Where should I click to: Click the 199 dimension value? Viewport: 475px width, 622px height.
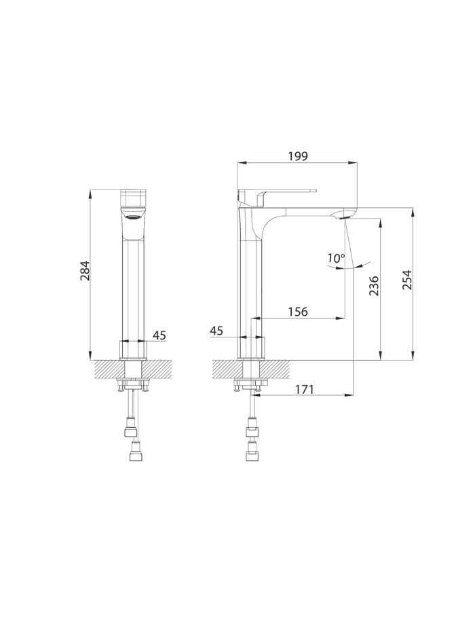(x=298, y=156)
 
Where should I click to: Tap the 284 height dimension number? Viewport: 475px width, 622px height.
(x=85, y=270)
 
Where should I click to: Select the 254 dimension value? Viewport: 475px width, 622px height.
(x=407, y=280)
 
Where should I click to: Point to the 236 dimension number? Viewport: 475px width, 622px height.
(x=374, y=286)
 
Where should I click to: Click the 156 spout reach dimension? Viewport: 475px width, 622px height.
(x=298, y=312)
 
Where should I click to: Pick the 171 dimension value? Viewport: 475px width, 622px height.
(x=304, y=389)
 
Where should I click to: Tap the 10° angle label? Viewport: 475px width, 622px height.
(x=336, y=258)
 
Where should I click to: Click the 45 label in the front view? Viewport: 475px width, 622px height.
(x=159, y=335)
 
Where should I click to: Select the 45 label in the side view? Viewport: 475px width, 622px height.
(x=216, y=331)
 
